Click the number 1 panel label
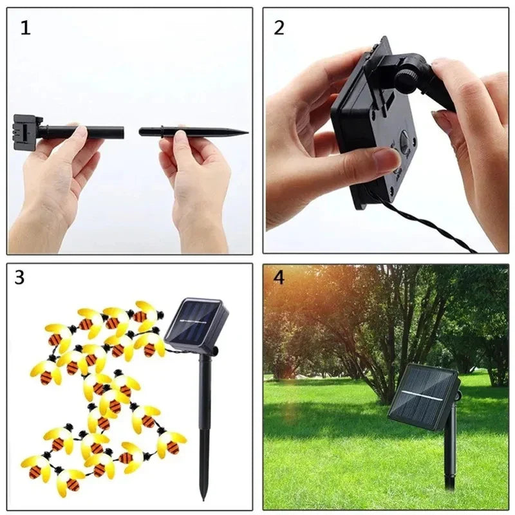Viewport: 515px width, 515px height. [x=25, y=28]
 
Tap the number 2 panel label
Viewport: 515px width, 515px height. [x=279, y=28]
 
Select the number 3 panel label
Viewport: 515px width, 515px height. [x=19, y=277]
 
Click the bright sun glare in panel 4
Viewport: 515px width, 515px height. [x=283, y=290]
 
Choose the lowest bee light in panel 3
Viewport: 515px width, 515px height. [x=68, y=480]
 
